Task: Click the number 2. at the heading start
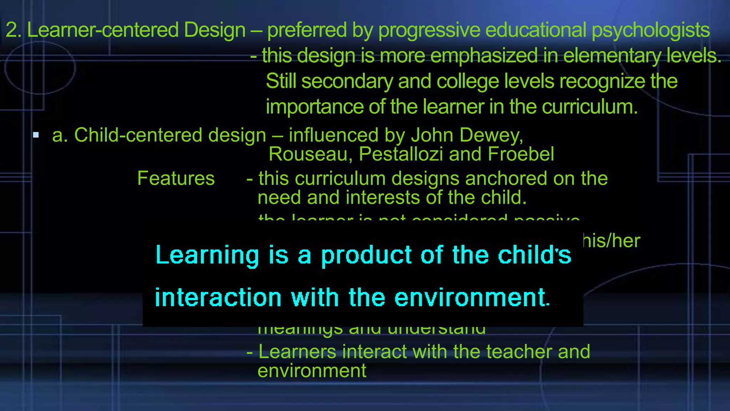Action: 14,30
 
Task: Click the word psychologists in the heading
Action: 651,30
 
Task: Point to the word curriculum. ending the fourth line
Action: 590,107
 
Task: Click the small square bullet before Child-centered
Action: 36,135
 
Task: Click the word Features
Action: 176,178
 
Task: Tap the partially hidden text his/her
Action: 612,241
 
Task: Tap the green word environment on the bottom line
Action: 312,371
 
